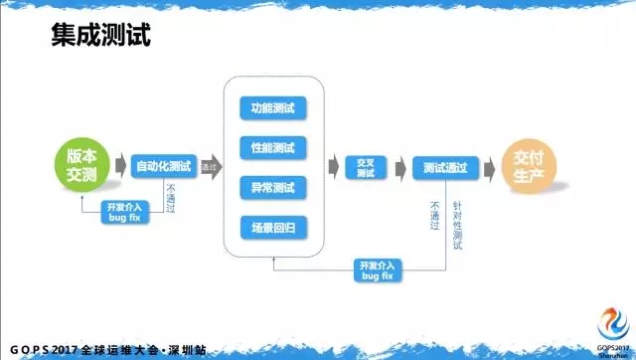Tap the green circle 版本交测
point(80,165)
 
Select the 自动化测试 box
point(163,166)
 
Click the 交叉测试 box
point(365,167)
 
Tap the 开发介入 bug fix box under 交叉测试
point(377,269)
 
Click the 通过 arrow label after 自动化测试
point(209,166)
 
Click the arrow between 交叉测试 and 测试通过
point(397,167)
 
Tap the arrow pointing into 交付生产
point(490,167)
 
